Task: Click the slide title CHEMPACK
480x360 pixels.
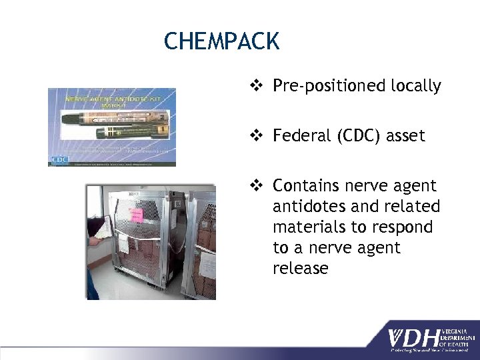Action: (x=221, y=41)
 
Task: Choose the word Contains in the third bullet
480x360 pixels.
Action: (x=305, y=185)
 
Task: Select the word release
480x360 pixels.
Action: (x=301, y=269)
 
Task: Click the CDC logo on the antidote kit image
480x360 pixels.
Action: (x=60, y=160)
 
